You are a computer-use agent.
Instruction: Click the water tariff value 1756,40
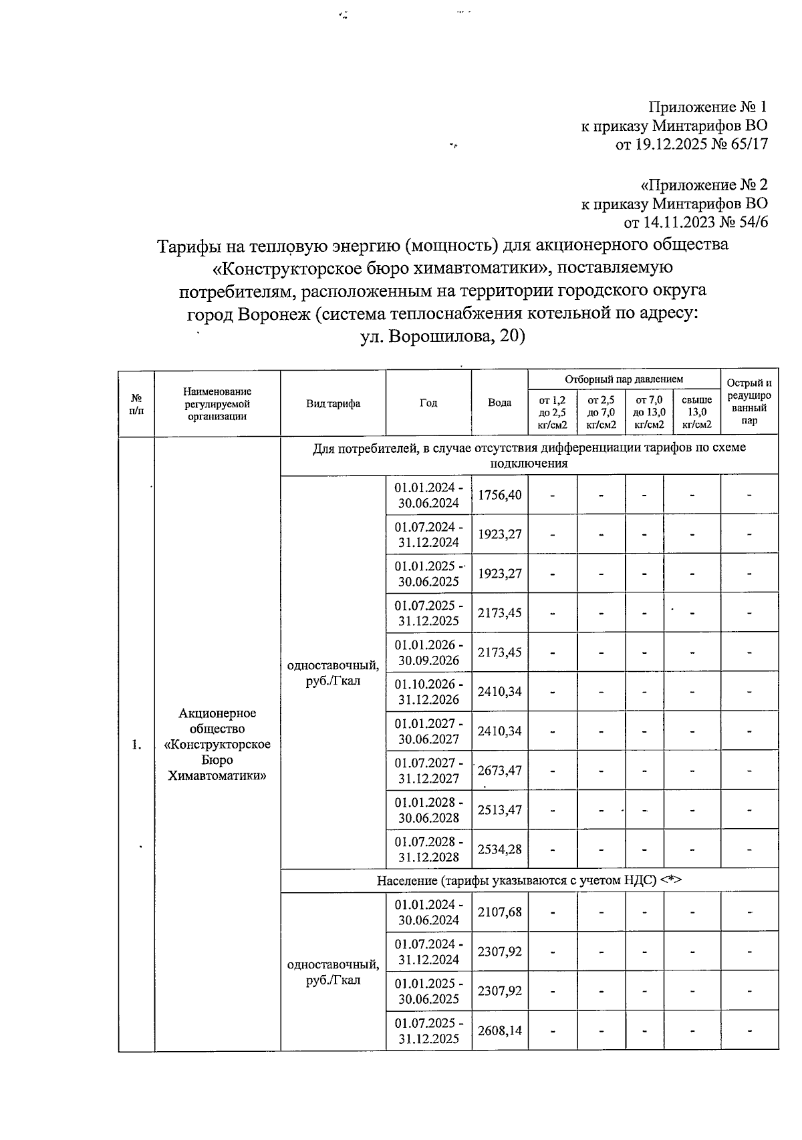[499, 495]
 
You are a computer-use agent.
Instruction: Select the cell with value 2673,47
[499, 771]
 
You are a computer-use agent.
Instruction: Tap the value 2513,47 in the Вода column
[499, 810]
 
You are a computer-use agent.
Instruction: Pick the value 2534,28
[499, 849]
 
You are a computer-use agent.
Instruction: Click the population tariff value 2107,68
[499, 912]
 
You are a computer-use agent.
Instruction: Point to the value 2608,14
[499, 1030]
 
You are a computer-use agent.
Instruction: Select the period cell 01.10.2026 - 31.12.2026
[428, 692]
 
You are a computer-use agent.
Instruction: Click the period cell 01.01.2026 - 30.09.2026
[428, 652]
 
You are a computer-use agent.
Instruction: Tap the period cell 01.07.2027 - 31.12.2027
[428, 771]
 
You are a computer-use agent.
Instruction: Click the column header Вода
[499, 403]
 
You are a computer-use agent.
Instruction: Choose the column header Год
[428, 403]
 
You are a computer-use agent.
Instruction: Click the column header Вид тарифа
[333, 403]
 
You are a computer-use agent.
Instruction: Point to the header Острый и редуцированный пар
[749, 402]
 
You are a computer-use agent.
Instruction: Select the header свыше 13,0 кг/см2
[692, 412]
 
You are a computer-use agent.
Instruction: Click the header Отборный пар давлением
[624, 379]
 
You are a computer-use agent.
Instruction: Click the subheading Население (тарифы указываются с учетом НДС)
[529, 880]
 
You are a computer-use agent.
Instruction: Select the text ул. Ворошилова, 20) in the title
[442, 337]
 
